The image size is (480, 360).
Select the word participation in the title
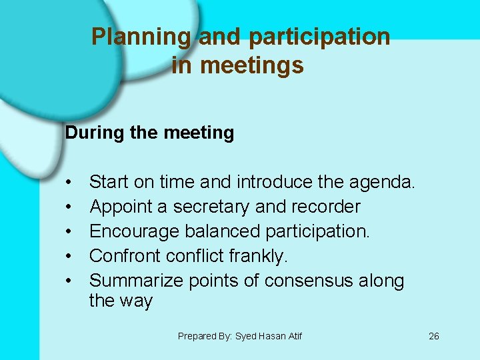319,37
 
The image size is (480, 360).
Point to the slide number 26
433,336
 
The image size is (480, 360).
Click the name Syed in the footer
247,336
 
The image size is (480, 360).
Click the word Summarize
135,281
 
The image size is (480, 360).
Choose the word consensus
311,281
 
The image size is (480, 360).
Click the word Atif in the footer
293,336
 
